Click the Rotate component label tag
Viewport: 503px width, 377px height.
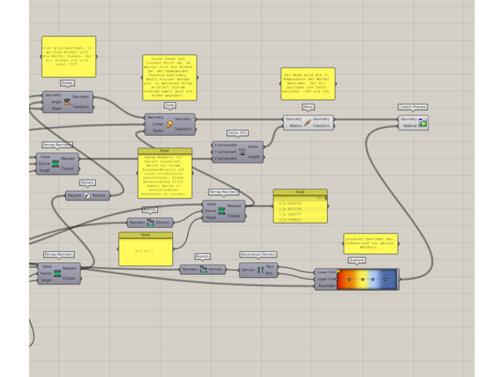(x=68, y=82)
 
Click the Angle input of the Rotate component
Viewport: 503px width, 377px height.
(x=56, y=101)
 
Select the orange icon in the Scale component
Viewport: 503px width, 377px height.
(x=170, y=123)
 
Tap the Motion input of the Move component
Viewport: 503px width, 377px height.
(x=295, y=125)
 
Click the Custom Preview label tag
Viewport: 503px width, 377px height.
(x=413, y=107)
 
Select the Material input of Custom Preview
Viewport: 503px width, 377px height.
(x=410, y=125)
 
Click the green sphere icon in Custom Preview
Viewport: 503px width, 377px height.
(x=423, y=123)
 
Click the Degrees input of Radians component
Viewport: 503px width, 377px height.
(x=75, y=196)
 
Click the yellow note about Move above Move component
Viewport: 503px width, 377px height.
(x=308, y=84)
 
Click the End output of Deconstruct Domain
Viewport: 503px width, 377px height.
(x=270, y=273)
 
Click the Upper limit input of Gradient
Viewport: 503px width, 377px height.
(x=326, y=279)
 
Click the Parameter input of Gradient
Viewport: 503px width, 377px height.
(x=326, y=286)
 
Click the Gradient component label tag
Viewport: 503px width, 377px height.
(x=356, y=260)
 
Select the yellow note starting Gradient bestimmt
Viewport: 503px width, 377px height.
(x=370, y=243)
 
